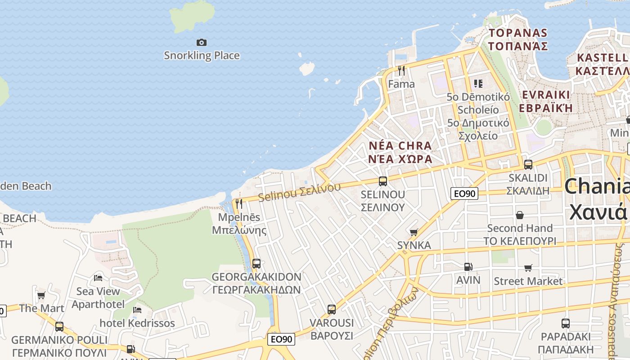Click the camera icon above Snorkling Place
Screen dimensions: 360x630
coord(202,42)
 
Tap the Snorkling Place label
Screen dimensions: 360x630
coord(202,55)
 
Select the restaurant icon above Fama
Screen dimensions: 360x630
coord(401,71)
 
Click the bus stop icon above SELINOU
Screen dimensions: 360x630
coord(383,181)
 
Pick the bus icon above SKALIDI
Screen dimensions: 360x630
coord(528,164)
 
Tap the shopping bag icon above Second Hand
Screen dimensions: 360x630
coord(520,215)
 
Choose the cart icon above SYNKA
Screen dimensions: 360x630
coord(414,232)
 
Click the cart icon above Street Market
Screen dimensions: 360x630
coord(528,268)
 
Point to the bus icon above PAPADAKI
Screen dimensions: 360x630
coord(566,323)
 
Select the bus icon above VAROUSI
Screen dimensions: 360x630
coord(332,309)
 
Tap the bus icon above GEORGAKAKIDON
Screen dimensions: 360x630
coord(256,263)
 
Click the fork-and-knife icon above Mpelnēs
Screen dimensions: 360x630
coord(239,204)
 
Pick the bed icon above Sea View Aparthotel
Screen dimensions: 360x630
coord(98,278)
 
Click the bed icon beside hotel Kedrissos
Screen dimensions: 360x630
coord(137,310)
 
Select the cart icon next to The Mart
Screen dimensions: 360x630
coord(41,295)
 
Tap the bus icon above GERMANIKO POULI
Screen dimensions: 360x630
coord(59,326)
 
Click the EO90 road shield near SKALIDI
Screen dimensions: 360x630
coord(464,193)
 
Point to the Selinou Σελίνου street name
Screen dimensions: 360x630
coord(299,192)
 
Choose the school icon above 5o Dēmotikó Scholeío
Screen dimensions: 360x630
coord(478,83)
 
